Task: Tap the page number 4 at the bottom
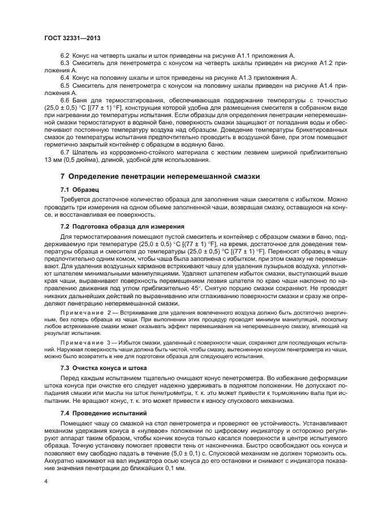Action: click(45, 480)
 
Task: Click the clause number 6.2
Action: click(65, 55)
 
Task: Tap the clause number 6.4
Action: click(65, 78)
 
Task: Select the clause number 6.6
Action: click(65, 100)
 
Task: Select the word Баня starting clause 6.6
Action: click(81, 100)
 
